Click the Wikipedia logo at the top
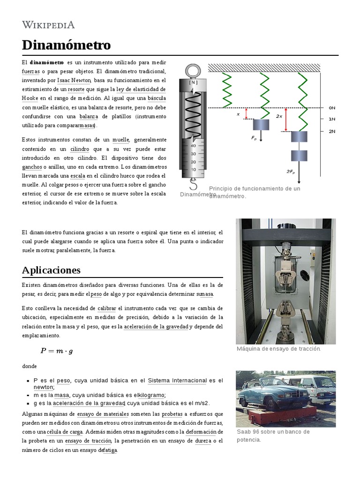tap(48, 25)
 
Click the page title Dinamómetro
tap(66, 45)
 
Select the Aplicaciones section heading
tap(51, 270)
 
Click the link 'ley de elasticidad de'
tap(141, 89)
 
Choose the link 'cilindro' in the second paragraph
tap(80, 149)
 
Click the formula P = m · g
tap(57, 350)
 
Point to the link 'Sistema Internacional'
tap(177, 380)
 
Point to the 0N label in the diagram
tap(332, 108)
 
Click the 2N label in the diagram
tap(332, 132)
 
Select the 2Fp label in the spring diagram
tap(291, 172)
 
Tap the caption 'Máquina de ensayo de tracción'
tap(278, 349)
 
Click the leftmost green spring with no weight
tap(227, 90)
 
